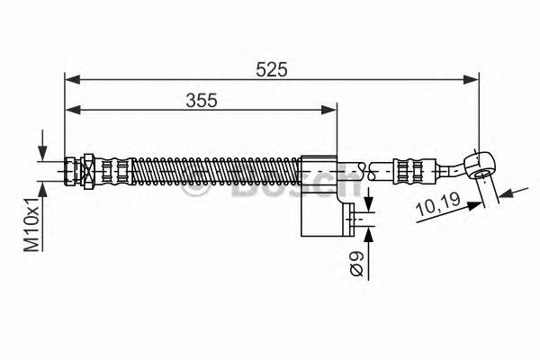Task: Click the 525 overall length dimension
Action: pyautogui.click(x=270, y=68)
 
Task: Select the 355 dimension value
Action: pyautogui.click(x=202, y=100)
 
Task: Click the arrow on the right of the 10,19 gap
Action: pyautogui.click(x=506, y=192)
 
